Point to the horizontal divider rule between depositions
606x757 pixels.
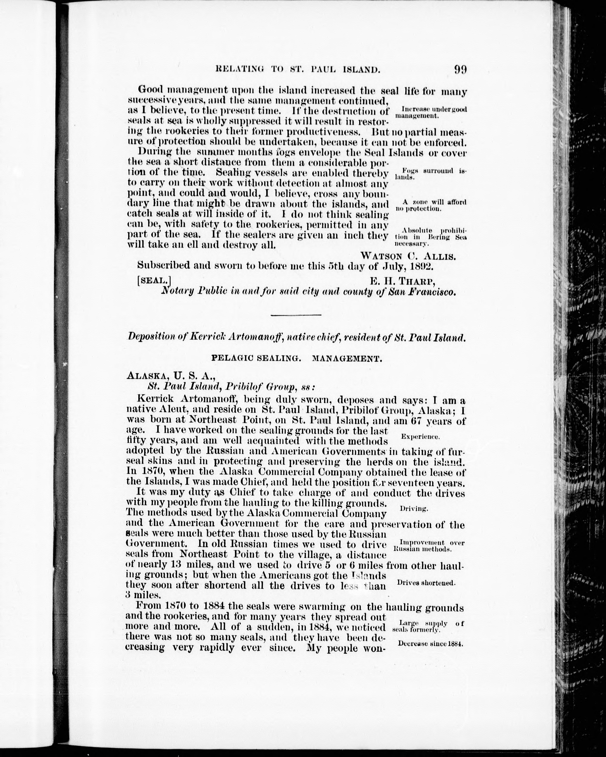click(296, 315)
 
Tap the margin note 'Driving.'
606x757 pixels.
click(414, 508)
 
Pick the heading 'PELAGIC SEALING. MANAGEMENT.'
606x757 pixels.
click(296, 359)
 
